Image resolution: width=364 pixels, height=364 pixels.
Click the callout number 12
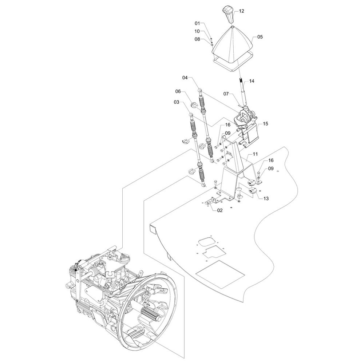pyautogui.click(x=241, y=11)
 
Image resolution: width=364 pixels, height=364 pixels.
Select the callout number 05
pyautogui.click(x=260, y=37)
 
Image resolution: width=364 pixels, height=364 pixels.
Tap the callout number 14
pyautogui.click(x=252, y=81)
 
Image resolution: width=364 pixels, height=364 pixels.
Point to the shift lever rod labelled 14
pyautogui.click(x=243, y=93)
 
